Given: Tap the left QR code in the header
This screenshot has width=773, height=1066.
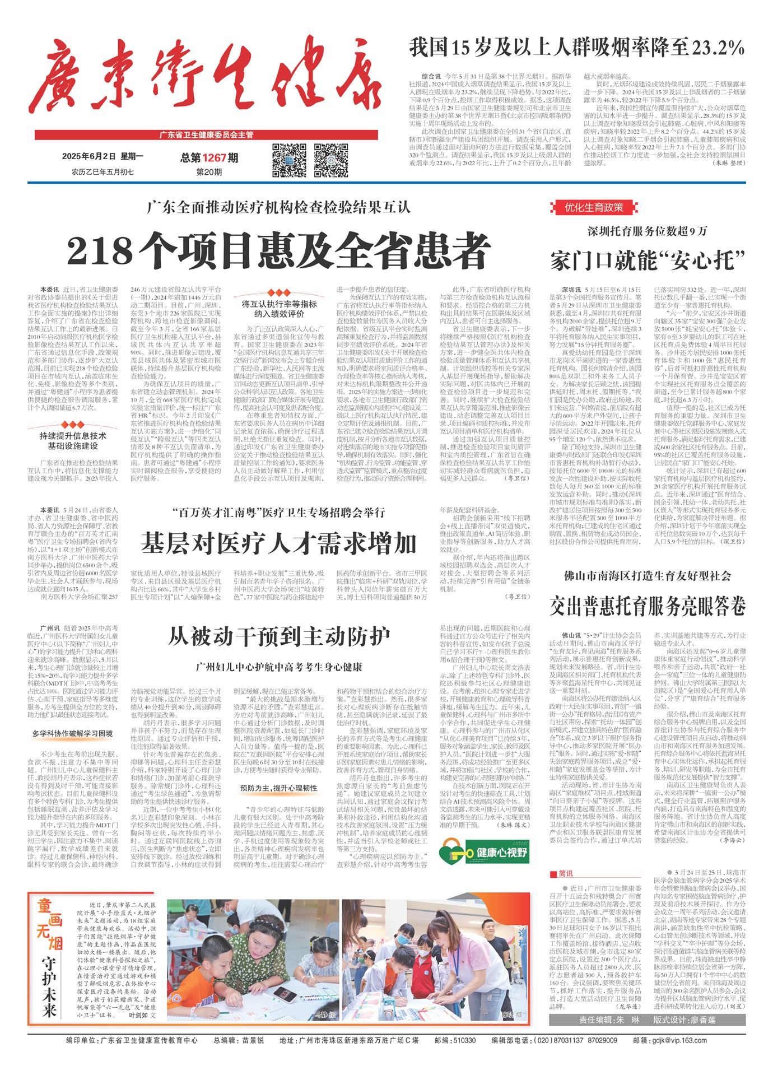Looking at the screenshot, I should click(x=289, y=161).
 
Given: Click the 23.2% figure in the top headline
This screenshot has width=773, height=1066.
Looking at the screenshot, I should click(x=718, y=48).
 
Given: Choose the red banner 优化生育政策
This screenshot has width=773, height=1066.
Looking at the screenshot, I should click(x=594, y=208).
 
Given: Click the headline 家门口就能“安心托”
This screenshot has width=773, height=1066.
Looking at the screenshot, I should click(x=648, y=261).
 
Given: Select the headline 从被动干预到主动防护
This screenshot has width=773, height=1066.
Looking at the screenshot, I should click(x=279, y=637).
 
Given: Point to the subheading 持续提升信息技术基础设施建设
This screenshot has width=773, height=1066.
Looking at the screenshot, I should click(x=73, y=441).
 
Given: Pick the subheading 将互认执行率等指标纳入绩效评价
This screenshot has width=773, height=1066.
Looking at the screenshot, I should click(x=279, y=309).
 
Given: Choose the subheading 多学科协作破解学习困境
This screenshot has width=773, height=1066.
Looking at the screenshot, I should click(x=72, y=733).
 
